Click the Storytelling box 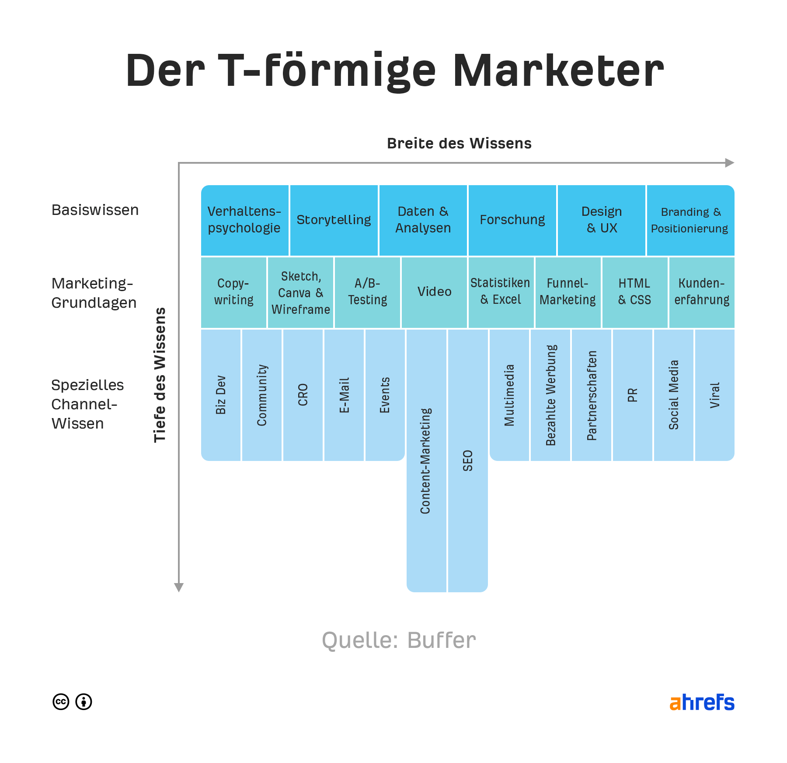tap(334, 220)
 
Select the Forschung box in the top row tap(512, 220)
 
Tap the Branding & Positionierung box tap(690, 220)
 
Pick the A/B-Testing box tap(367, 292)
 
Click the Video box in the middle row tap(434, 292)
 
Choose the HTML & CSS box tap(634, 292)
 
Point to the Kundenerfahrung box tap(701, 292)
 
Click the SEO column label tap(468, 461)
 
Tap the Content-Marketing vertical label tap(426, 461)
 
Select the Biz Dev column tap(221, 395)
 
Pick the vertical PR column tap(632, 395)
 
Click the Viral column tap(714, 395)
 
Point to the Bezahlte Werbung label tap(550, 395)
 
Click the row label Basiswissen tap(95, 210)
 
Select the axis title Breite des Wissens tap(459, 144)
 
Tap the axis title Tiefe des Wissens tap(160, 375)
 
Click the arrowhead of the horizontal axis tap(729, 163)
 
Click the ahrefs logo tap(702, 702)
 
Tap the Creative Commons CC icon tap(61, 702)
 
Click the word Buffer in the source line tap(441, 640)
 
